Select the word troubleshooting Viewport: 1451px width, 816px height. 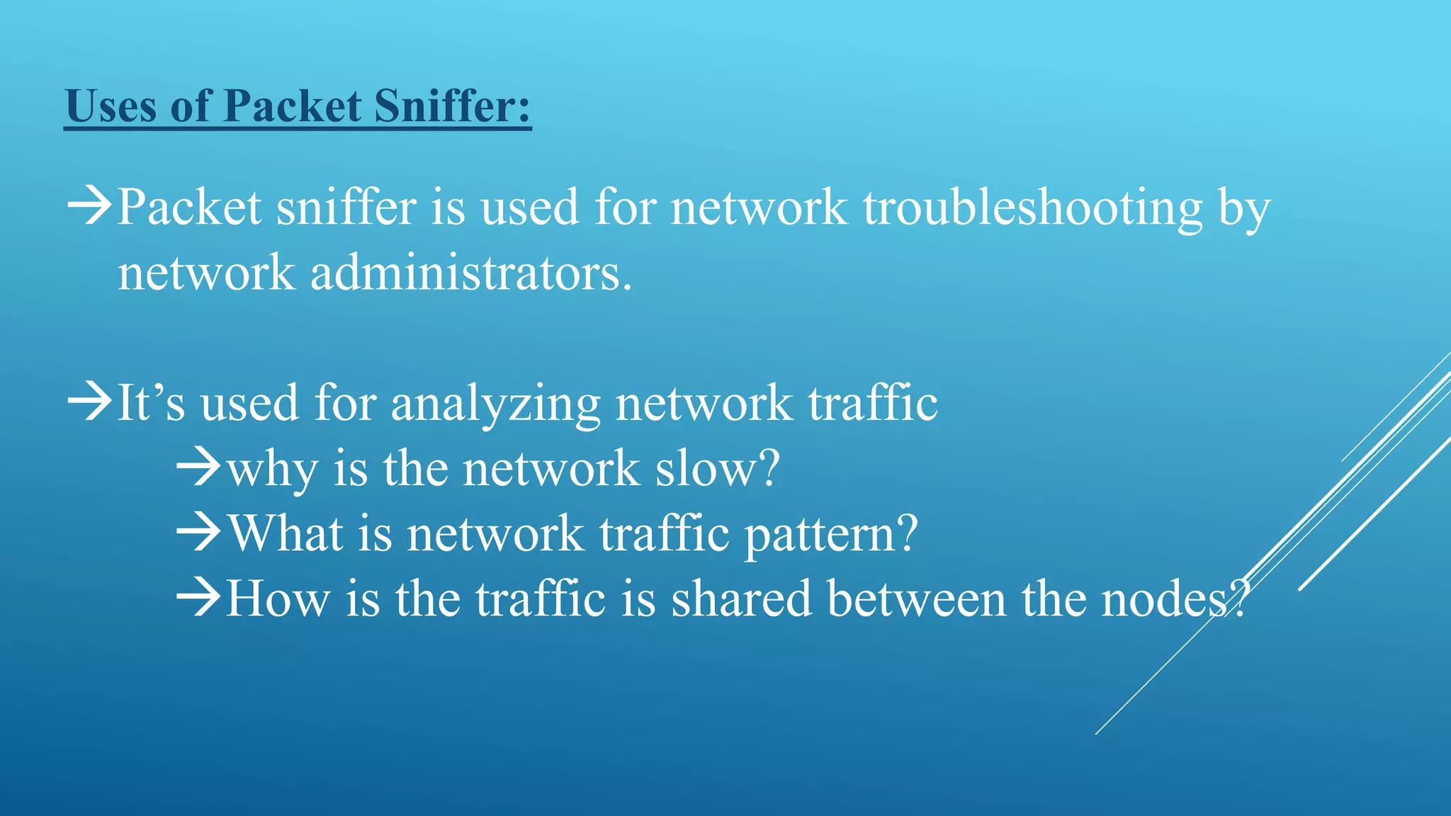click(1032, 208)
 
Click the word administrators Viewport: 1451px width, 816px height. click(470, 273)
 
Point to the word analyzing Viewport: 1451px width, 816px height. click(495, 404)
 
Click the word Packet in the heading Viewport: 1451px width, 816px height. click(293, 106)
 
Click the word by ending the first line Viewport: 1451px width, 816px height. click(1244, 210)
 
